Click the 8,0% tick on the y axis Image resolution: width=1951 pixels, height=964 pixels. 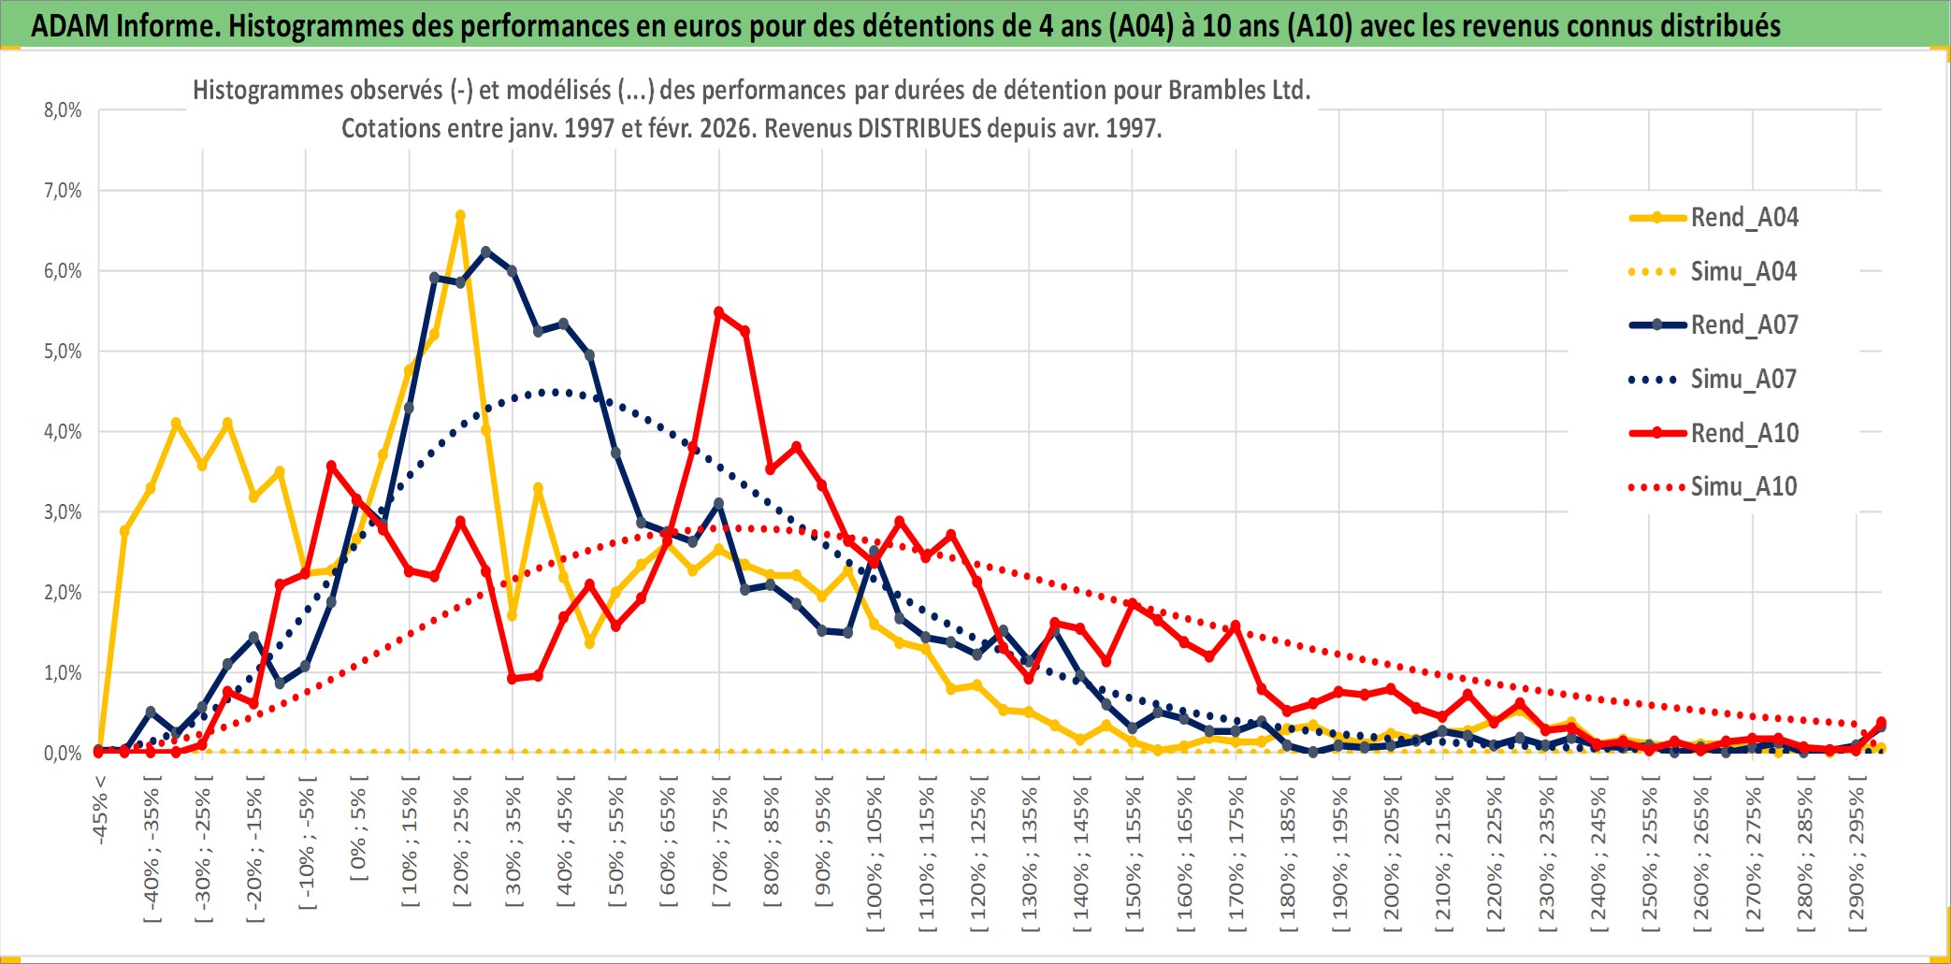coord(63,110)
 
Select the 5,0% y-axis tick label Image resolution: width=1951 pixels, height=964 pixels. coord(63,352)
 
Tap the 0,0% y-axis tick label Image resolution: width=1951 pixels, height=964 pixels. coord(63,754)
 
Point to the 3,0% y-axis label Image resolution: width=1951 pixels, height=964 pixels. coord(63,512)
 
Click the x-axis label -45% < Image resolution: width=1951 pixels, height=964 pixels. coord(100,810)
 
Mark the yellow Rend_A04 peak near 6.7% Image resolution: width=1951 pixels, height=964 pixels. coord(460,216)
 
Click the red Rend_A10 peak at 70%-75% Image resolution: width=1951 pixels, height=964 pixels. coord(718,312)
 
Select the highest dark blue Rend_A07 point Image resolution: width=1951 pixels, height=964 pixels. coord(485,252)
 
